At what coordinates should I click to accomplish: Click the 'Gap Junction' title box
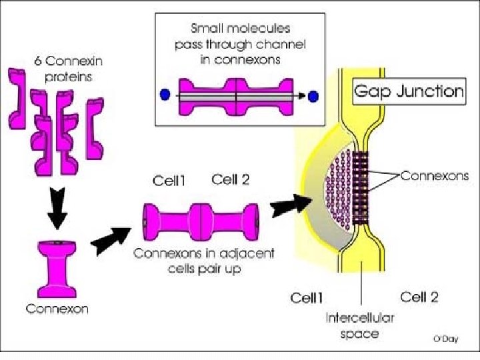pos(409,91)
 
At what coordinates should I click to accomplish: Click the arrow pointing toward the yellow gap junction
pos(291,207)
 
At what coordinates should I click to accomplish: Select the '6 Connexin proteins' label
pos(61,69)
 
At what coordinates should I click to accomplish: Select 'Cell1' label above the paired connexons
pos(169,180)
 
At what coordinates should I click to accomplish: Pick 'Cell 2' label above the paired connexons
pos(230,179)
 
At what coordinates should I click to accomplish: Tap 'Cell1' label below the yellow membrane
pos(307,297)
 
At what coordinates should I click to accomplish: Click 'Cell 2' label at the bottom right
pos(419,297)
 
